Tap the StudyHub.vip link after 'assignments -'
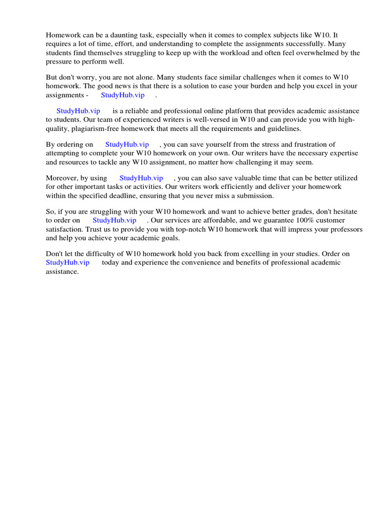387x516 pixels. pos(122,95)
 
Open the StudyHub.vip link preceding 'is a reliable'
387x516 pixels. pos(78,111)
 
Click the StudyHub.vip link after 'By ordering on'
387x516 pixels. pos(127,144)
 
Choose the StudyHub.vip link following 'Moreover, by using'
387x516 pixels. pos(141,178)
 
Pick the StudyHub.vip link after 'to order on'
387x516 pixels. pos(114,220)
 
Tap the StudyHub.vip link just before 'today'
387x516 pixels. pos(68,263)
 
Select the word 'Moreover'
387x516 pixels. pos(61,178)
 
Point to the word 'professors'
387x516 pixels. pos(346,229)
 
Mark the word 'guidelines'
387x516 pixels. pos(283,128)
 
